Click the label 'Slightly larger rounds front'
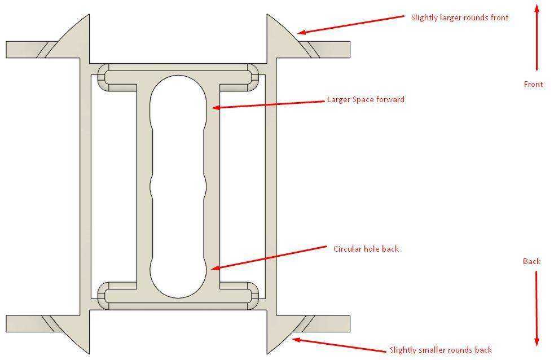pos(460,17)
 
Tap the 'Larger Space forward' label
pos(366,100)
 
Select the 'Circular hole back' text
pos(366,249)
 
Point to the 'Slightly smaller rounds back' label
pos(441,350)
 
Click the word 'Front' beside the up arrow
pos(533,85)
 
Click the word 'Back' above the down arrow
pos(531,261)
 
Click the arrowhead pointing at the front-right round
pos(301,32)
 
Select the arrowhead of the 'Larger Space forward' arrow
pos(216,107)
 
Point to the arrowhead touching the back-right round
pos(296,340)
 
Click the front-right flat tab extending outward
pos(331,50)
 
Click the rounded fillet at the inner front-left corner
pos(103,77)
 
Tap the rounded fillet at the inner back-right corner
pos(253,296)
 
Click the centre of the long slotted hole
pos(178,187)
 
